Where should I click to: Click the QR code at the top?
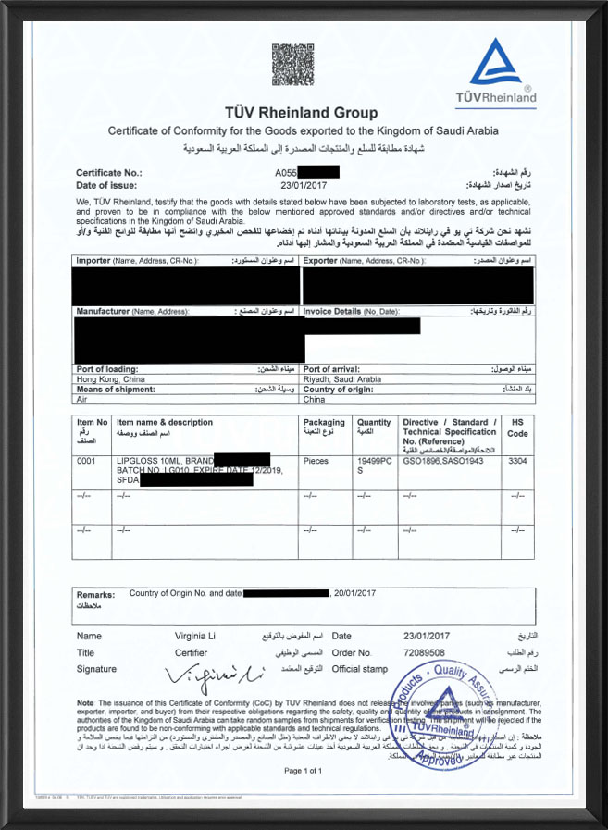pyautogui.click(x=292, y=64)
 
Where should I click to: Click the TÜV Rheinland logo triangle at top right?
pyautogui.click(x=495, y=65)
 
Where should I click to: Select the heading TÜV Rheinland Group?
pyautogui.click(x=303, y=113)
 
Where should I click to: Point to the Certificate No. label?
pyautogui.click(x=108, y=172)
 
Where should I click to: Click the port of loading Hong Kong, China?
pyautogui.click(x=110, y=379)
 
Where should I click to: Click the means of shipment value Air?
pyautogui.click(x=82, y=400)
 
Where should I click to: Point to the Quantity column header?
pyautogui.click(x=374, y=423)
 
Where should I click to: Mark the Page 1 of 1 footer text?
pyautogui.click(x=304, y=770)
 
